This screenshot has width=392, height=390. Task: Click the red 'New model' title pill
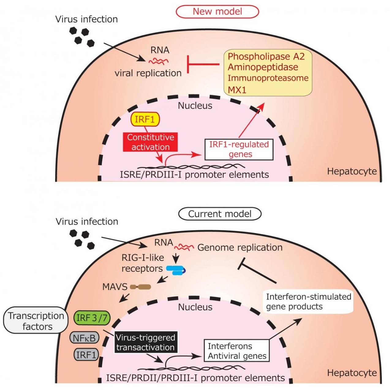coord(217,12)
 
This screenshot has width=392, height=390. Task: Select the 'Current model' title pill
coord(220,214)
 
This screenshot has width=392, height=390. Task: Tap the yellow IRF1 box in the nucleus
coord(145,119)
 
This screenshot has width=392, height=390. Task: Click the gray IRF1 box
coord(86,355)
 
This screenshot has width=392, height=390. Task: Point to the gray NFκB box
coord(84,338)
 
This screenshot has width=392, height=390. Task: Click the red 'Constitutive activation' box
coord(150,142)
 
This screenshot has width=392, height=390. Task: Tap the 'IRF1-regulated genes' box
coord(239,150)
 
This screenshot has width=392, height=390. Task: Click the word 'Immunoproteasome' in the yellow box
coord(268,78)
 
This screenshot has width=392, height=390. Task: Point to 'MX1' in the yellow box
coord(237,90)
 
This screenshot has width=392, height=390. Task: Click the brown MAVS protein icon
coord(140,287)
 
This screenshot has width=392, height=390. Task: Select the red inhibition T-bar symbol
coord(203,64)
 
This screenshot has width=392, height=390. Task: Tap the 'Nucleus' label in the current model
coord(195,307)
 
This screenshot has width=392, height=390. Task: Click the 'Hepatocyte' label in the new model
coord(352,172)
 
